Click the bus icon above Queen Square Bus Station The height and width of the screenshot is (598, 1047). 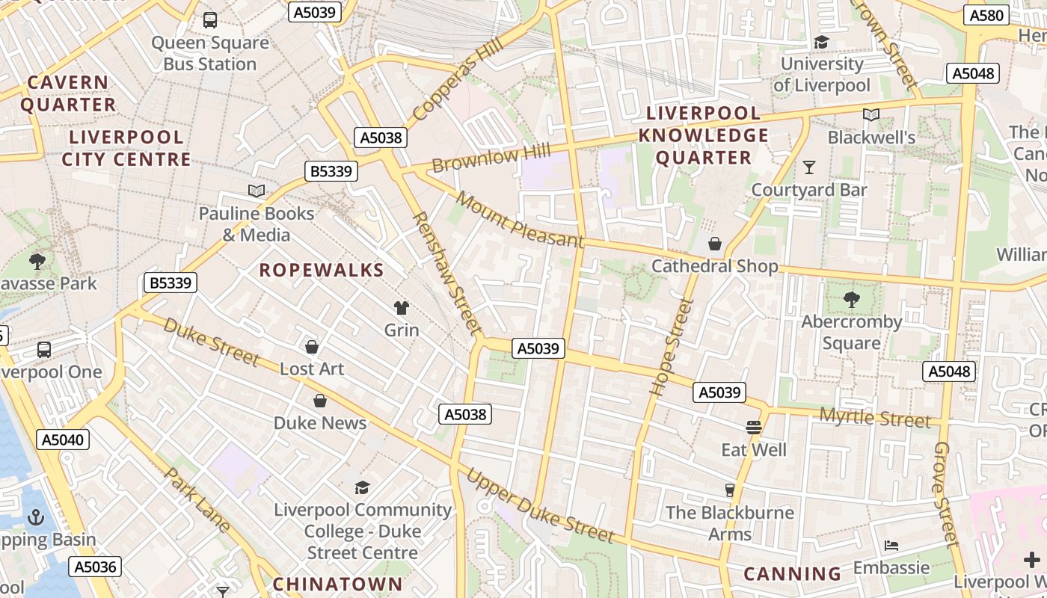(x=210, y=20)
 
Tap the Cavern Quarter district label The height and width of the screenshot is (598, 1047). (x=68, y=93)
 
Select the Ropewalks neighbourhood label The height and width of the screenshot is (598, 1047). (x=322, y=271)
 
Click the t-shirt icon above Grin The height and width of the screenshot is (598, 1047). (x=402, y=307)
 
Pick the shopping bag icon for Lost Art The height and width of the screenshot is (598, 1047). (x=312, y=347)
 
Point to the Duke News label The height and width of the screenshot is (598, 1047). (x=320, y=423)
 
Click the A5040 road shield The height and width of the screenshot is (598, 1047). (x=64, y=440)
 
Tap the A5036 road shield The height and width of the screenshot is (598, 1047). (x=96, y=567)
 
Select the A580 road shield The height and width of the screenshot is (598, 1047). (x=988, y=15)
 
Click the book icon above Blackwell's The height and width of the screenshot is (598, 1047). (x=871, y=114)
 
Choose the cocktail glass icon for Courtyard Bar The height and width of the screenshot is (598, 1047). (x=808, y=167)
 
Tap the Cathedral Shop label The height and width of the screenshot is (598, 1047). (x=714, y=266)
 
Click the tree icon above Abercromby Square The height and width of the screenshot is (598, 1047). (x=851, y=300)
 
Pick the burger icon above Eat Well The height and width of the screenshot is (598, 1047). (x=753, y=427)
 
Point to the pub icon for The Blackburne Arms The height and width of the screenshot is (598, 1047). (x=730, y=490)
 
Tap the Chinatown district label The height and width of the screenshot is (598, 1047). (x=337, y=584)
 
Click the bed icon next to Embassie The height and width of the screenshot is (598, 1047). (x=891, y=545)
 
